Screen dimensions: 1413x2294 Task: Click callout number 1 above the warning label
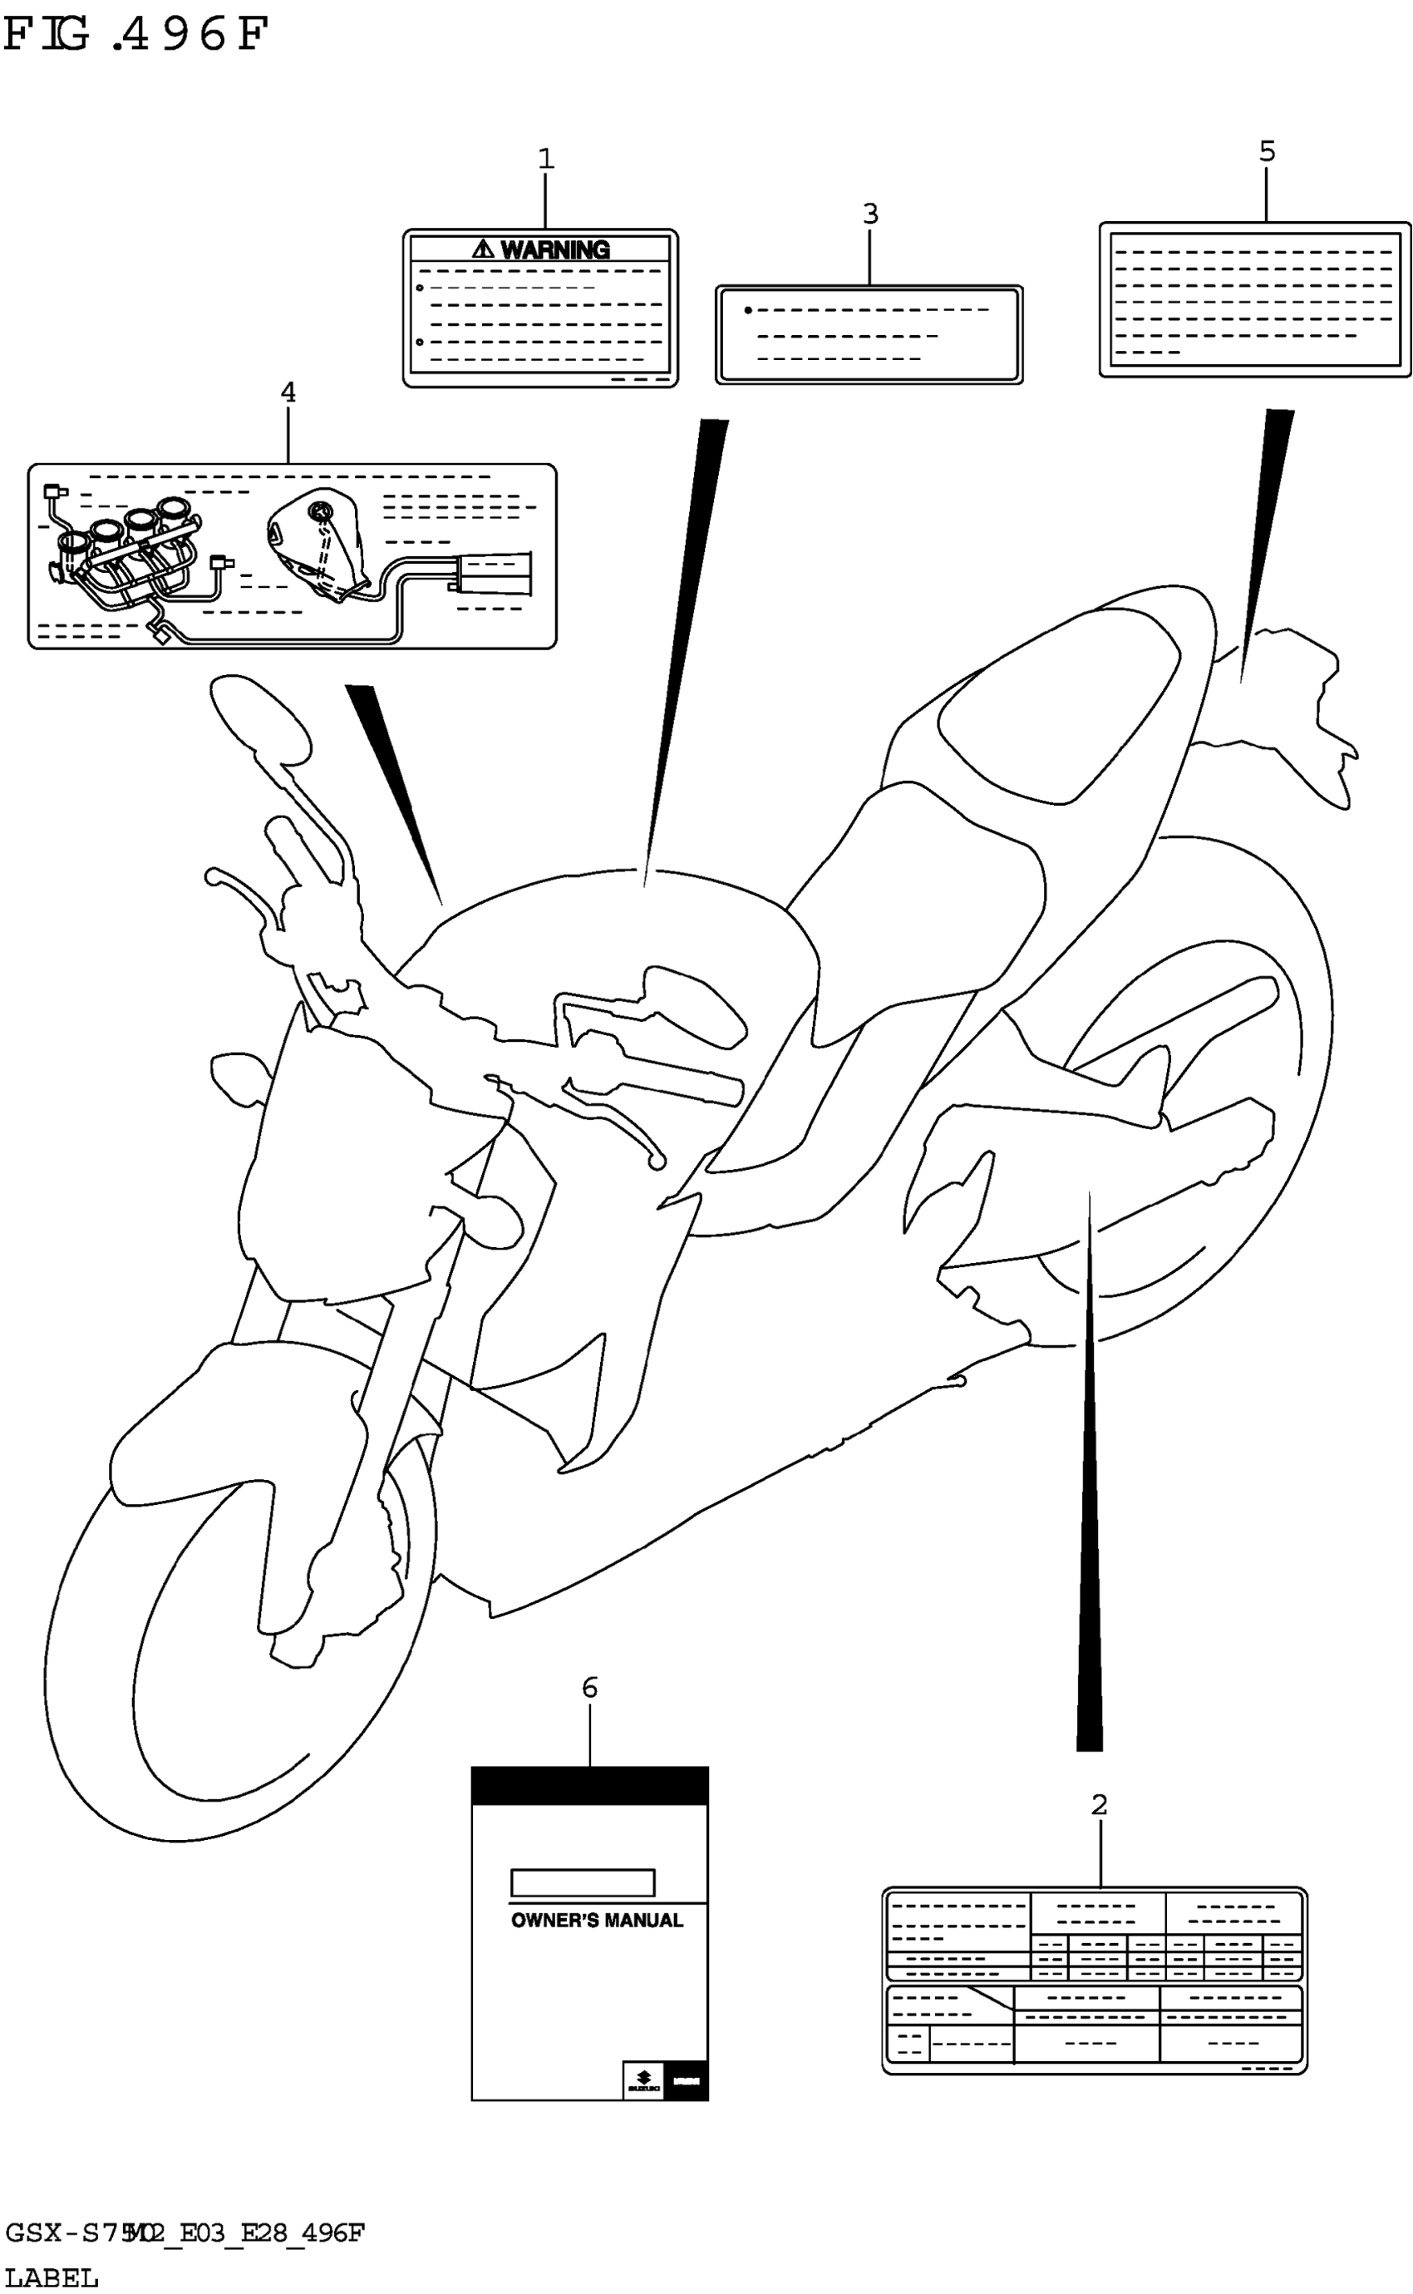546,159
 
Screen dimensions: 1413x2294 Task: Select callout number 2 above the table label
1099,1805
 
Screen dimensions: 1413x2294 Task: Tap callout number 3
870,214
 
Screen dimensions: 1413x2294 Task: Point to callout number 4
288,392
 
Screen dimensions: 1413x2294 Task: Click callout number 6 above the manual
589,1687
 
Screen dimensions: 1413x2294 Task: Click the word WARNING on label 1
555,249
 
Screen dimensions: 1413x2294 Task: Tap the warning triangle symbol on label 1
482,249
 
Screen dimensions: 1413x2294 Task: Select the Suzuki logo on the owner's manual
643,2079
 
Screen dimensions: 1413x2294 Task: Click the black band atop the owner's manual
589,1785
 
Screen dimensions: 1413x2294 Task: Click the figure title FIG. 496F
135,36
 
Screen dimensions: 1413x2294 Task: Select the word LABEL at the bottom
52,2278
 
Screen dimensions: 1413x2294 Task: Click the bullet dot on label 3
747,310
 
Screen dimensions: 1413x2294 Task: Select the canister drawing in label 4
493,572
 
